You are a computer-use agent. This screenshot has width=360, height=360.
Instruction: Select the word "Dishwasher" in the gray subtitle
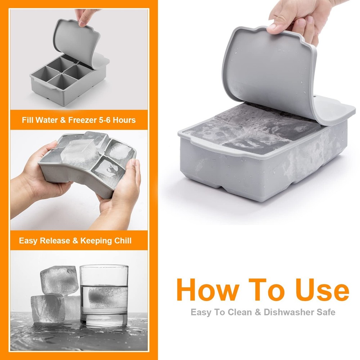(287, 312)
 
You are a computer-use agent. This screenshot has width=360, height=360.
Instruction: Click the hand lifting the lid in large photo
(295, 20)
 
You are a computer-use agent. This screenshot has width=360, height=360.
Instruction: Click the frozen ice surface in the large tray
(252, 130)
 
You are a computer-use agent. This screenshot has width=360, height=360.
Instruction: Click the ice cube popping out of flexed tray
(81, 151)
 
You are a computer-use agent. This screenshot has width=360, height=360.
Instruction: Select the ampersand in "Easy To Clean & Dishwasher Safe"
(258, 312)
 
